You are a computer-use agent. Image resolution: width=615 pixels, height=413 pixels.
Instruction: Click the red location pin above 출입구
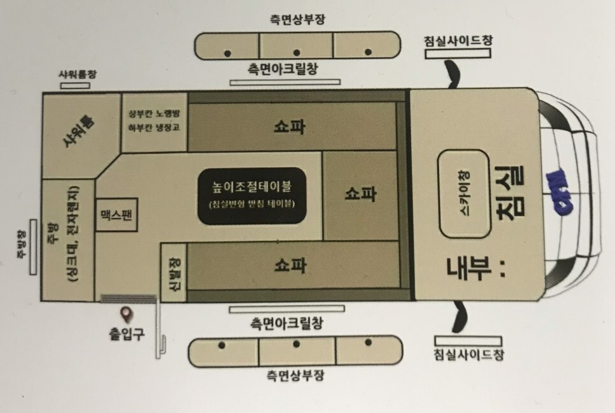(126, 314)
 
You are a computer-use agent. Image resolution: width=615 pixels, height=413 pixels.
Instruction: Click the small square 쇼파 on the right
(361, 194)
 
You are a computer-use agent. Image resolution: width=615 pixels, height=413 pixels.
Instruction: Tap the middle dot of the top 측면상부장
(297, 52)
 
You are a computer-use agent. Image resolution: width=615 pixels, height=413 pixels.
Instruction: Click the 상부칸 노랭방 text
(155, 113)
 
